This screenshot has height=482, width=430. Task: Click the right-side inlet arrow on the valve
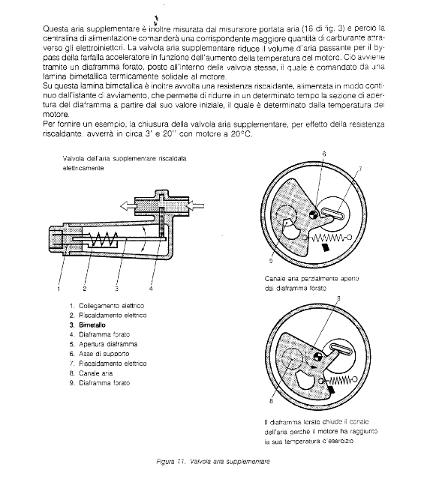coord(196,205)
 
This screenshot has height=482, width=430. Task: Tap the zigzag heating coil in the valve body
coord(104,238)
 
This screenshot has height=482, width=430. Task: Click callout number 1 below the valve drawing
coord(59,289)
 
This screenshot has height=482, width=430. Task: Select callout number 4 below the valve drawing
coord(151,289)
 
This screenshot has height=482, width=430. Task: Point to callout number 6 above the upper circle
coord(324,154)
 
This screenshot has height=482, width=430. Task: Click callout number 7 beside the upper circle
coord(360,169)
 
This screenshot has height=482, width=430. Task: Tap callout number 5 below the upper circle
coord(271,261)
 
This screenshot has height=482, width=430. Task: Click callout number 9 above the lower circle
coord(338,298)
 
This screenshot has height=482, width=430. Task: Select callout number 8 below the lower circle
coord(271,401)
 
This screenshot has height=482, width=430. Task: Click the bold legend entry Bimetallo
coord(92,325)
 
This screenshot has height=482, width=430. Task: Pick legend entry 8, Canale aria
coord(91,373)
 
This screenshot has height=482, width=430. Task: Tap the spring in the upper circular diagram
coord(327,238)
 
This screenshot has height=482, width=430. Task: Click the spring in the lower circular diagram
coord(338,381)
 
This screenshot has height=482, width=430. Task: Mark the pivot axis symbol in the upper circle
coord(314,214)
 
